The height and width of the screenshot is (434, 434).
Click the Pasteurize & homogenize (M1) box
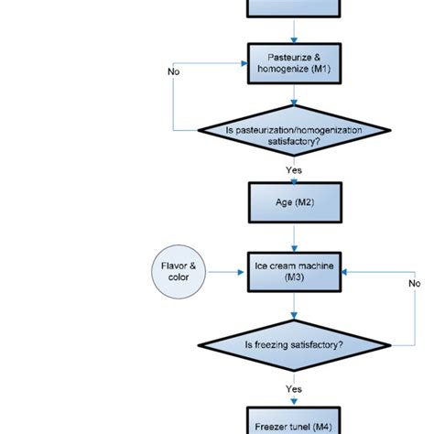(x=293, y=65)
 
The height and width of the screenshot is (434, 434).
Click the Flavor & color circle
(x=179, y=272)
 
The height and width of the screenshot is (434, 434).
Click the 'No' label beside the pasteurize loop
(x=173, y=71)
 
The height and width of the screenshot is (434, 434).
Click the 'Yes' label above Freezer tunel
(x=293, y=387)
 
